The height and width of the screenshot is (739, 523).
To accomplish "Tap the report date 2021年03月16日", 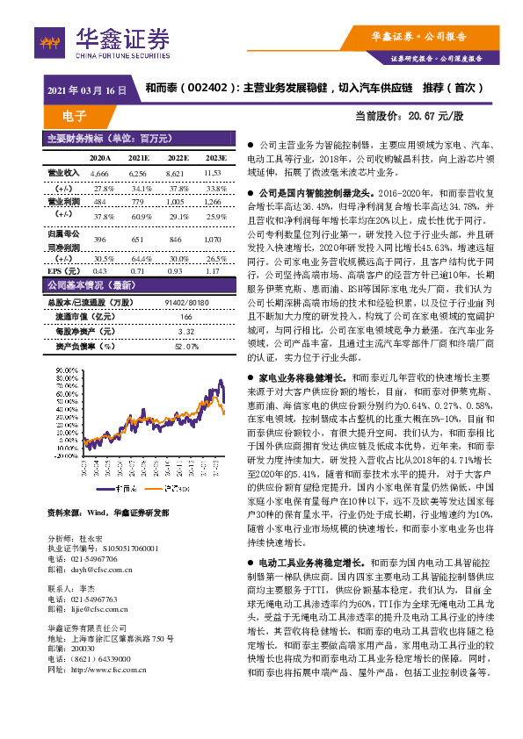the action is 86,90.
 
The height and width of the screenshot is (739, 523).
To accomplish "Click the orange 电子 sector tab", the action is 75,116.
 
